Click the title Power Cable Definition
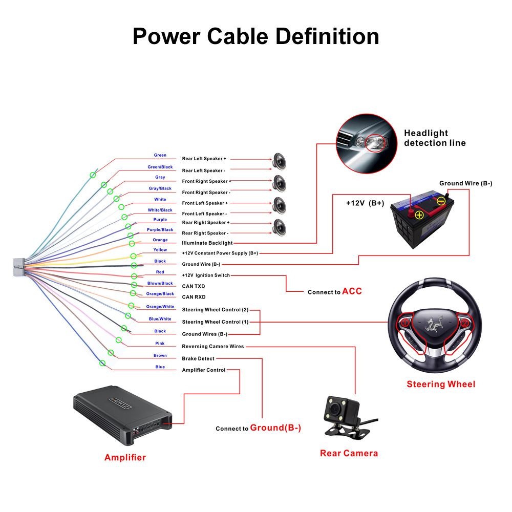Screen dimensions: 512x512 coord(256,37)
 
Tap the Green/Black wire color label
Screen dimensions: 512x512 coord(160,167)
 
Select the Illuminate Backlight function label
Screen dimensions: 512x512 coord(207,243)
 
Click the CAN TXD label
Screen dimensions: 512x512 coord(194,286)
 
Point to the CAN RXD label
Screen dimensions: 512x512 coord(194,297)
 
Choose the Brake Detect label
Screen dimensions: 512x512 coord(198,358)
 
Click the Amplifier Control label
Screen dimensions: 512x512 coord(204,370)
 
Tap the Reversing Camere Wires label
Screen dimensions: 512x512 coord(213,347)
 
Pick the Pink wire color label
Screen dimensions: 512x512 coord(160,344)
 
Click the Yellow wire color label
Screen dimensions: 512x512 coord(160,250)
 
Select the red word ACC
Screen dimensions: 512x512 coord(352,291)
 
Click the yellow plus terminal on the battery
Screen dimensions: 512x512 coord(419,215)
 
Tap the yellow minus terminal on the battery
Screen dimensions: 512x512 coord(441,202)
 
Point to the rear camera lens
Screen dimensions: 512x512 coord(334,410)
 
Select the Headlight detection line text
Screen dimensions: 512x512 coord(435,138)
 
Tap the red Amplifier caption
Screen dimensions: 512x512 coord(125,458)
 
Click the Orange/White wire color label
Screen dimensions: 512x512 coord(160,307)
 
